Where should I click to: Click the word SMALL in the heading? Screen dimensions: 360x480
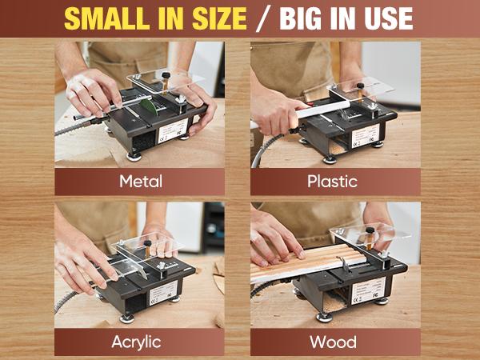point(109,18)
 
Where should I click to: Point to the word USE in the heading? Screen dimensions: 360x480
point(382,18)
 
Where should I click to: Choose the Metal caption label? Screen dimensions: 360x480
point(141,182)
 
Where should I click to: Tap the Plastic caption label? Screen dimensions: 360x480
point(332,182)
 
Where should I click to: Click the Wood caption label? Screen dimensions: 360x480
point(332,342)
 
